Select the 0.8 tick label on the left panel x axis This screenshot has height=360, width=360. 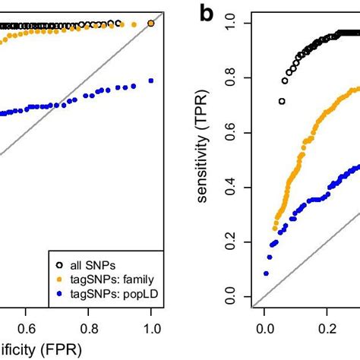(x=89, y=328)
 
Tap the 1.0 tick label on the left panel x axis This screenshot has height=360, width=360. (x=152, y=328)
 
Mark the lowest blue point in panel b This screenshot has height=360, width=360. (x=267, y=273)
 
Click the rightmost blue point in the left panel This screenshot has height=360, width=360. (x=151, y=81)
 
